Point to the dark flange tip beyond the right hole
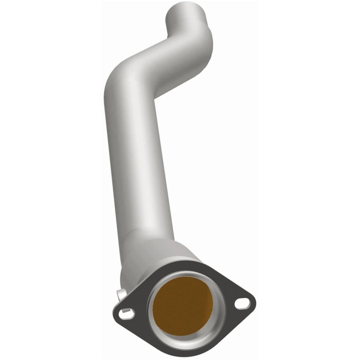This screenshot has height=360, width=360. [x=252, y=302]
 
